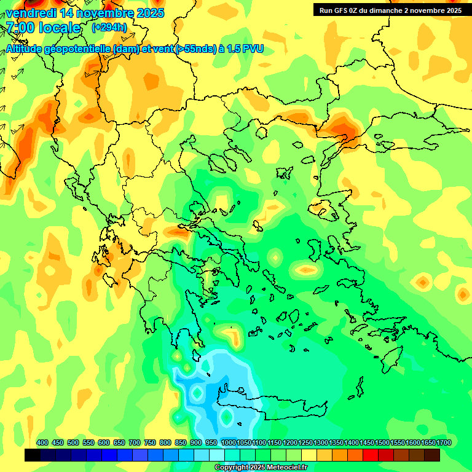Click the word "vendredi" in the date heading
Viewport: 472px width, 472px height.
[29, 13]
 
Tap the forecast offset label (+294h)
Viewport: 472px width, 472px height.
[109, 27]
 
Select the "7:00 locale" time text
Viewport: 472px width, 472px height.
[43, 28]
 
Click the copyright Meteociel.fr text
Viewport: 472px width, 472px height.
[260, 468]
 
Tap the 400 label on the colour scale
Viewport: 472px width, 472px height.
[42, 443]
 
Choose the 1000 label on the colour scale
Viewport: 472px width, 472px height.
[229, 443]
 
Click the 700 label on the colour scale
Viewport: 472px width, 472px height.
[135, 443]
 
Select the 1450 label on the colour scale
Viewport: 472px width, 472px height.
[367, 443]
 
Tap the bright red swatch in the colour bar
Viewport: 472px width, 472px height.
[371, 455]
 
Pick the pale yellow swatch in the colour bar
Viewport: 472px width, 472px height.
[309, 455]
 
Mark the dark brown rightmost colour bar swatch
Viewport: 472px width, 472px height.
[432, 455]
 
